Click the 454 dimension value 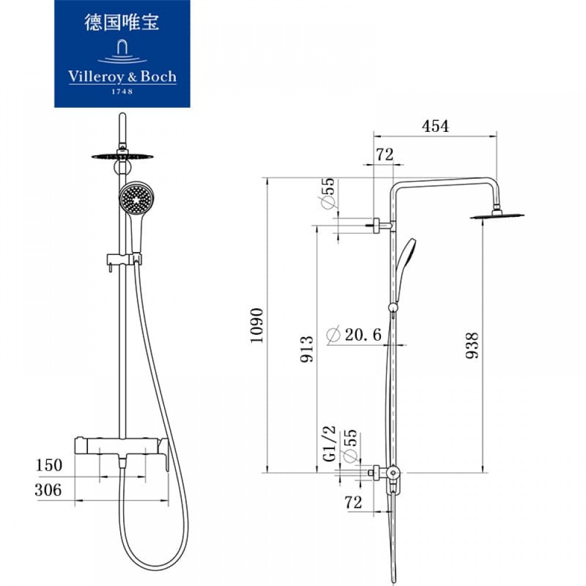(435, 126)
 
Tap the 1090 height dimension (257, 325)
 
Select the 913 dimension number (307, 349)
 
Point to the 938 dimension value (472, 345)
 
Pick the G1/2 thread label (329, 444)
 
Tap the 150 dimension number (49, 465)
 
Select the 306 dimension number (48, 489)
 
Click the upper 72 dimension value (384, 154)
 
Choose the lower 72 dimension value (353, 502)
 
